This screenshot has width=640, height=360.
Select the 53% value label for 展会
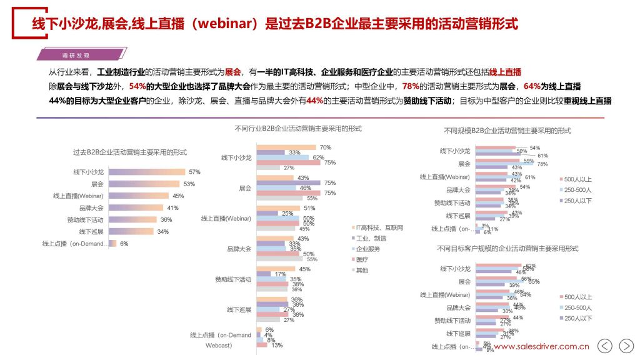(189, 184)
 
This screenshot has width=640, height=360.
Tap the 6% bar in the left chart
(111, 244)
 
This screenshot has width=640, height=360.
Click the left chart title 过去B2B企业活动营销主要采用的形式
(129, 152)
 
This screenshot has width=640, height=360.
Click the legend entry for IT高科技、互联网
(379, 227)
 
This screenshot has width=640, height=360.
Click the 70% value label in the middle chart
(325, 147)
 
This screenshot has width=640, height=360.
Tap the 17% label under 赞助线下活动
(280, 274)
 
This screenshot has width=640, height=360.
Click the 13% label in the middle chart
(276, 345)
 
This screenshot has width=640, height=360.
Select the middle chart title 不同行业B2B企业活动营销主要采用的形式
(298, 128)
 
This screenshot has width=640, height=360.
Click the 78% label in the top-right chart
(542, 164)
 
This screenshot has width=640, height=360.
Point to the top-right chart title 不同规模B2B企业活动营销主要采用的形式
(507, 131)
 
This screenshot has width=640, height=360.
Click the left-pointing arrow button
(604, 346)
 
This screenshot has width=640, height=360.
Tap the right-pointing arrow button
(626, 346)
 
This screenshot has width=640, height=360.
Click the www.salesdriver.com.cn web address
(541, 346)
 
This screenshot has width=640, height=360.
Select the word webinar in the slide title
(229, 24)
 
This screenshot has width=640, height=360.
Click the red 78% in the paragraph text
(411, 86)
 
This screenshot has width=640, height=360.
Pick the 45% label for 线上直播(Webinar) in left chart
(178, 196)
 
